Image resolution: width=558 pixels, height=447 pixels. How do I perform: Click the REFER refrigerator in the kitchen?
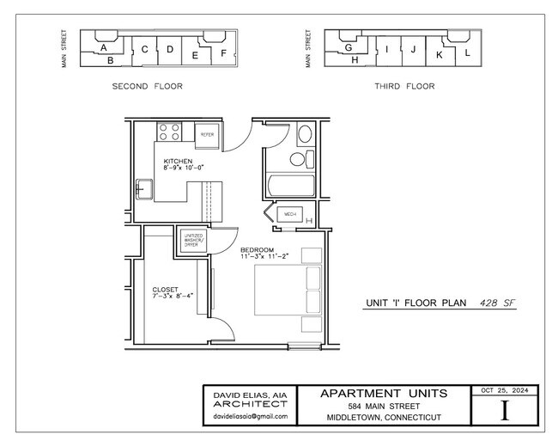point(208,135)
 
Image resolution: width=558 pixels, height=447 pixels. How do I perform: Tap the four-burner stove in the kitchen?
point(169,133)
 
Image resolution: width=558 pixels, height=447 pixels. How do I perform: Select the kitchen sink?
point(143,187)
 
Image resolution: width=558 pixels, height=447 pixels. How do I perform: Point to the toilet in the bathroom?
point(300,159)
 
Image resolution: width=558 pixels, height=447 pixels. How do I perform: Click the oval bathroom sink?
point(305,134)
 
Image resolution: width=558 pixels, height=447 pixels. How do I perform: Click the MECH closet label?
point(290,214)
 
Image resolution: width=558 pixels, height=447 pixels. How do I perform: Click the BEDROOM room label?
point(257,249)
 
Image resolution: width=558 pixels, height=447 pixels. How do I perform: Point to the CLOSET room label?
point(165,290)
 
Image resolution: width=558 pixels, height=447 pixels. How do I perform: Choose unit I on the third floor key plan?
point(387,50)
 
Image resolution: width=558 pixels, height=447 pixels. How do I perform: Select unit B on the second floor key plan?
point(110,60)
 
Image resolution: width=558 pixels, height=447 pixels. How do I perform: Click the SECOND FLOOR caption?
point(148,86)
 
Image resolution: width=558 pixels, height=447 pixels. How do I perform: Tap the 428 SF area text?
point(498,303)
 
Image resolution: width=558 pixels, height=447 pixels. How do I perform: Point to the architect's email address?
point(251,416)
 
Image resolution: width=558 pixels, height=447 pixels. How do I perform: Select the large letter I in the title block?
point(504,410)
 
